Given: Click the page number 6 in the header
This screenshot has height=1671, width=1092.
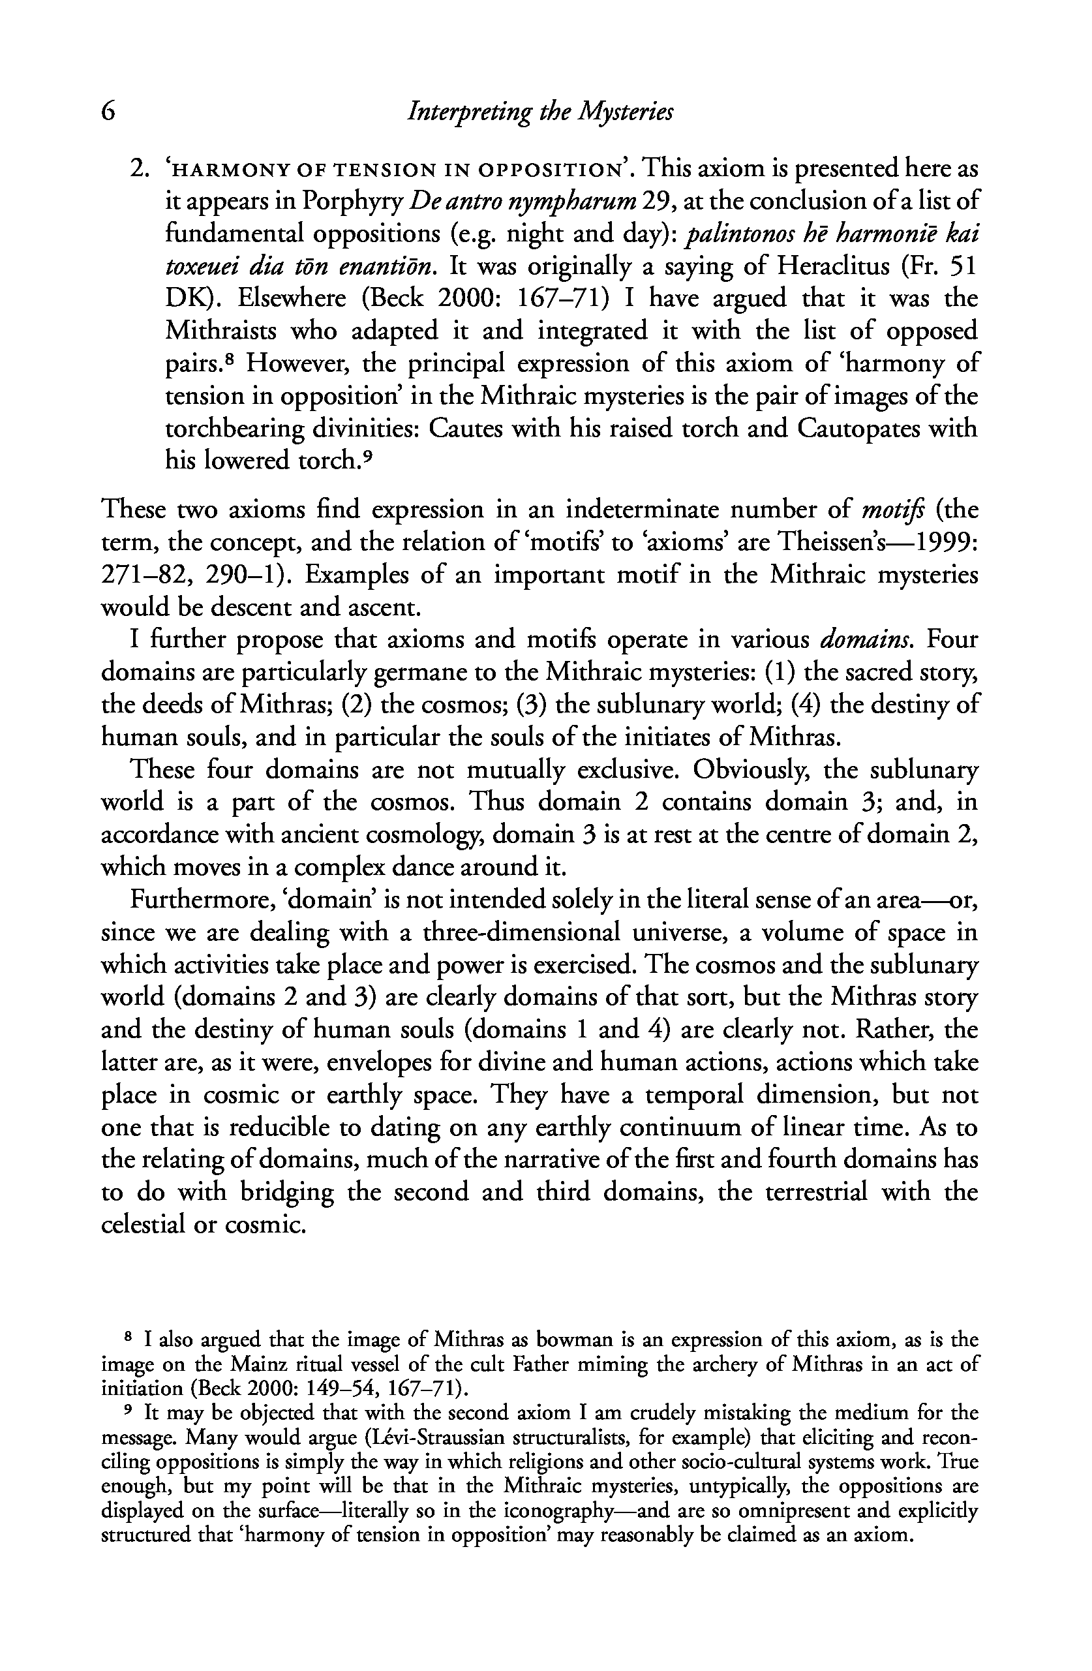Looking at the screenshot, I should click(x=108, y=112).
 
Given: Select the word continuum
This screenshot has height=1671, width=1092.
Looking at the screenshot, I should click(x=679, y=1127).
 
